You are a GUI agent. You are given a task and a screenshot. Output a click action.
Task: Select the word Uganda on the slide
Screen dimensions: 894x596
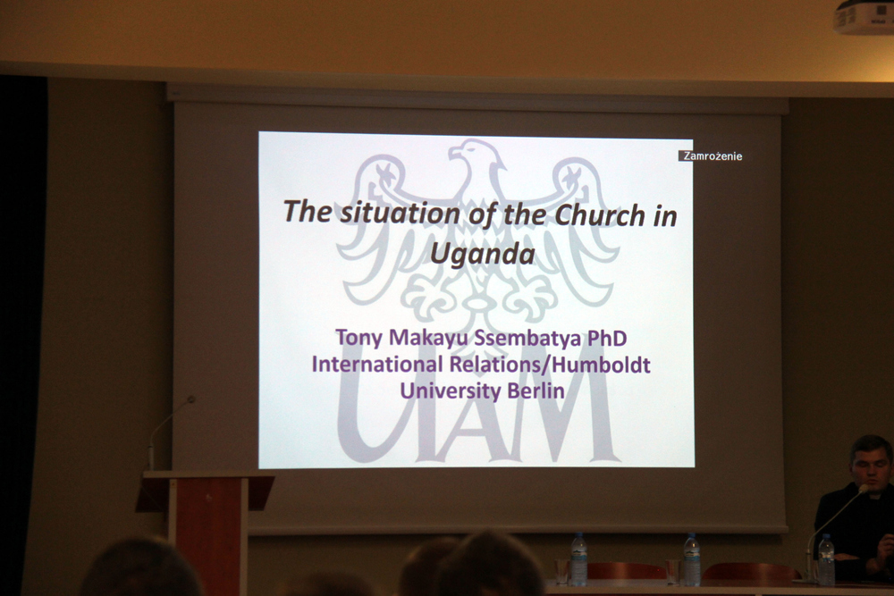click(x=483, y=253)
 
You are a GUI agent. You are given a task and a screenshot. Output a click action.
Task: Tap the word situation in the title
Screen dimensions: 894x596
click(x=401, y=213)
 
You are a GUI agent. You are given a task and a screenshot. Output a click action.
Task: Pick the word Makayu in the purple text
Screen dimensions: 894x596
click(x=429, y=337)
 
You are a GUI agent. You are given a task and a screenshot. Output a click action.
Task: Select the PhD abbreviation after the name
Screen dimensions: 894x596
click(x=607, y=338)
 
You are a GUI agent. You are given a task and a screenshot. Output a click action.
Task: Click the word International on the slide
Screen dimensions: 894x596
click(x=377, y=364)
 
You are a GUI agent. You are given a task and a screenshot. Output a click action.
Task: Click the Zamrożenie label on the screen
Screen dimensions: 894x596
click(x=713, y=156)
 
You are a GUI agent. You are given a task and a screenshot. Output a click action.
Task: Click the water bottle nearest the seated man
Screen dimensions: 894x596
click(x=826, y=559)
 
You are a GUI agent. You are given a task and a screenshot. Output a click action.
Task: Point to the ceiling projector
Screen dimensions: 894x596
click(x=864, y=16)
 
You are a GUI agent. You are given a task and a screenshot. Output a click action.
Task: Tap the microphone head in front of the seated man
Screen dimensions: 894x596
click(x=864, y=489)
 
